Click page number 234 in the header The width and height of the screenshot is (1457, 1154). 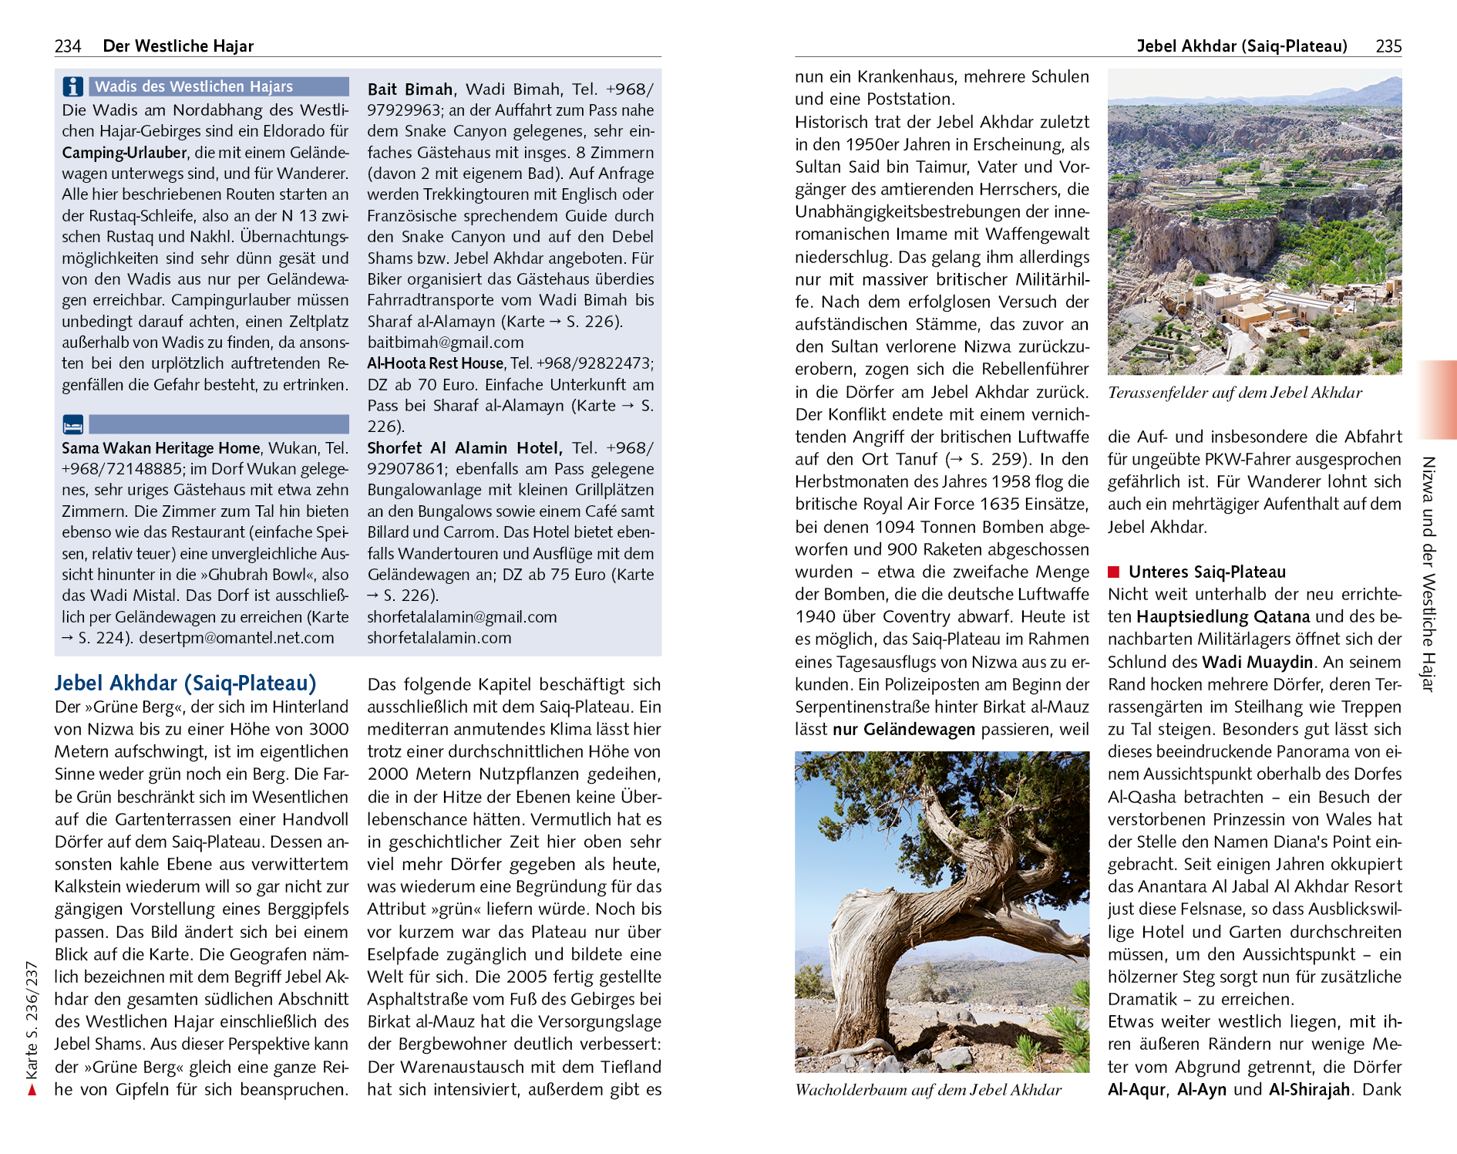68,46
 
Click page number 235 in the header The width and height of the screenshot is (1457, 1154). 1388,46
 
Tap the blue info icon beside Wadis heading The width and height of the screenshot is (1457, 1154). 72,86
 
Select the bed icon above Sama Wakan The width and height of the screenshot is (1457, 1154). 72,425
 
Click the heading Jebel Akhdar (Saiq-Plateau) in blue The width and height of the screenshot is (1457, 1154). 185,683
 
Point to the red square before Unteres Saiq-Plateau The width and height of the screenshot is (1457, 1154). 1113,572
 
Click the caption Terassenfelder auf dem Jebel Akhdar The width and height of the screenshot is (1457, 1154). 1234,393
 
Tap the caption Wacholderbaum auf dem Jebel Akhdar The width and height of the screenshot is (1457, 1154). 928,1090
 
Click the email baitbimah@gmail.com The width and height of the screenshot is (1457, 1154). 446,342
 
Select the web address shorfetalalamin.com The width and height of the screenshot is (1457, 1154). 439,638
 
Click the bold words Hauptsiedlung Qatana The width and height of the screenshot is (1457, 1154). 1223,617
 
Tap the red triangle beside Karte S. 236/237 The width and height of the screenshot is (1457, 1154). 32,1090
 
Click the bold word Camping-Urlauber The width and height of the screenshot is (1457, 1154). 125,153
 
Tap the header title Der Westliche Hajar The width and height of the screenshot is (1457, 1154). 178,46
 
